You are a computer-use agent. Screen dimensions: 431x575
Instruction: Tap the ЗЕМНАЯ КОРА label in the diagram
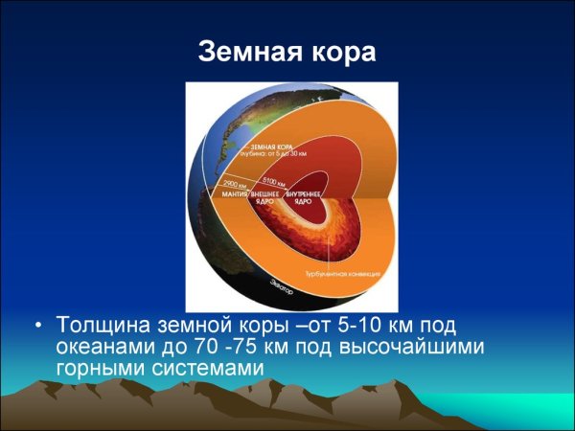(243, 144)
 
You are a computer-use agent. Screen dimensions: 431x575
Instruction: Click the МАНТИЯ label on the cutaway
(235, 194)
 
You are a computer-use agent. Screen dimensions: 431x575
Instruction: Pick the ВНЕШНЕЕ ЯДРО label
(266, 198)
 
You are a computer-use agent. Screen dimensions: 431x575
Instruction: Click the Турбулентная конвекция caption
(343, 274)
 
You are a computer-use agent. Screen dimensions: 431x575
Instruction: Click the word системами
(208, 369)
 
